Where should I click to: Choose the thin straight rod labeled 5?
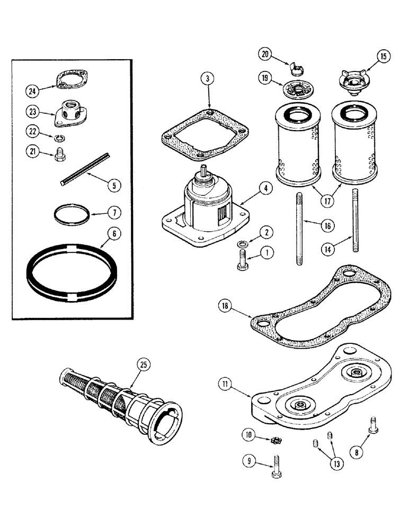point(85,169)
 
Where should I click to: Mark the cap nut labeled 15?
point(350,79)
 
